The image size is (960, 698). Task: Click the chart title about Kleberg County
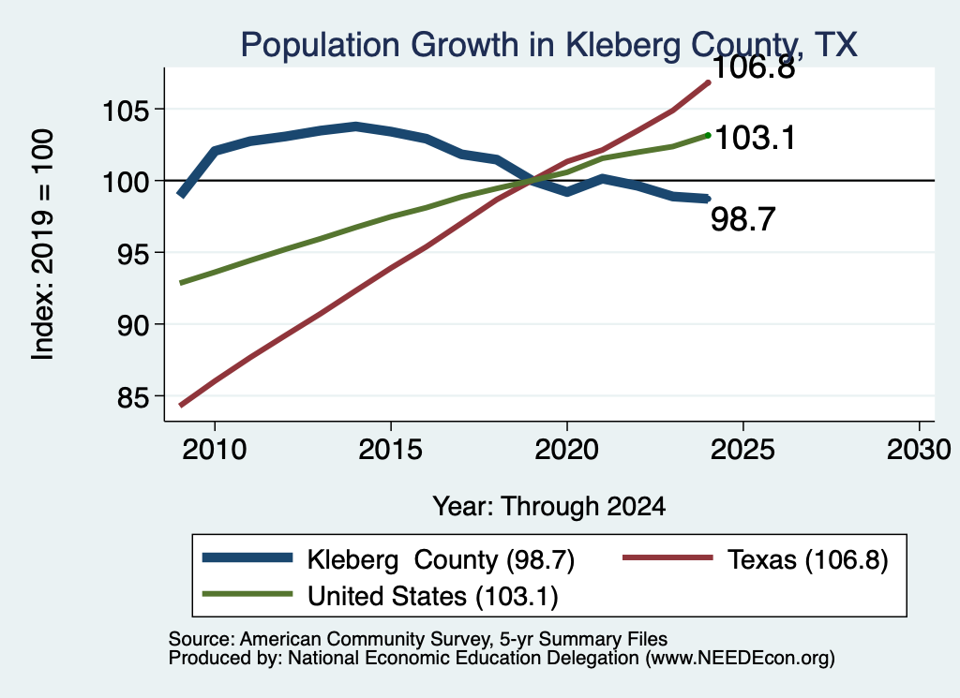548,45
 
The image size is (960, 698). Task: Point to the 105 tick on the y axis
126,111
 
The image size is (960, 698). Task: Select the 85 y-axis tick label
133,398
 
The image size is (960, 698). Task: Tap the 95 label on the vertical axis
133,255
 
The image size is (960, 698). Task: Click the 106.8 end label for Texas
754,67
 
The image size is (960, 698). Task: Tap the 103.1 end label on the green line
755,138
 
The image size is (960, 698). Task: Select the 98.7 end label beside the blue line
743,219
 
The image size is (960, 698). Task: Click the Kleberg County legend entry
388,559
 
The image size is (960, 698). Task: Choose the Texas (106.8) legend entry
755,559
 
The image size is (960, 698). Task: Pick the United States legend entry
381,595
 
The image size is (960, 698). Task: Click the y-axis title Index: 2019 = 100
43,245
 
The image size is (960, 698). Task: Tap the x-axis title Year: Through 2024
549,507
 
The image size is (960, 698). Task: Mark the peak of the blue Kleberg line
355,126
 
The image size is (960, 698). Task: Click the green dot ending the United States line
708,135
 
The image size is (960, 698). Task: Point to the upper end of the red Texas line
709,82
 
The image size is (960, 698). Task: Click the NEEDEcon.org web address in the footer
741,659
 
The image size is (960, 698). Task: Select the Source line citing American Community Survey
417,639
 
